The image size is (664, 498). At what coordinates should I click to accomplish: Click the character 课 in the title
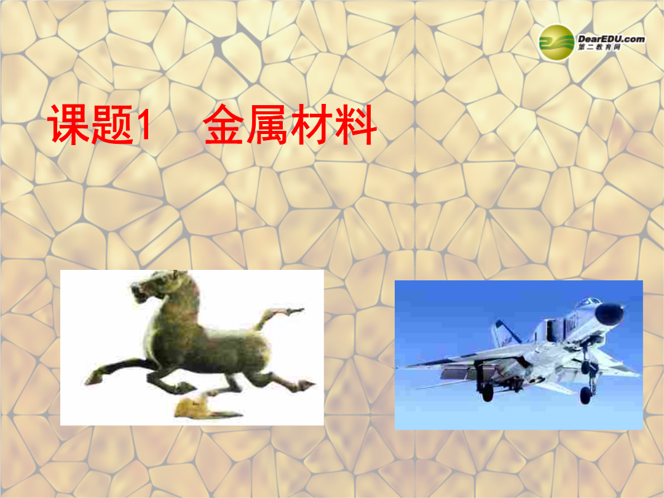click(x=69, y=124)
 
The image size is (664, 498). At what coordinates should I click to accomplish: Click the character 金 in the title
click(x=224, y=124)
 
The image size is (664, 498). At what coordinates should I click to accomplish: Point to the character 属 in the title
click(x=268, y=124)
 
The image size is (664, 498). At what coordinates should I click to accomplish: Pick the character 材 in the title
click(x=312, y=124)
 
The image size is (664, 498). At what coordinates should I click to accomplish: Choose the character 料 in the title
click(x=355, y=124)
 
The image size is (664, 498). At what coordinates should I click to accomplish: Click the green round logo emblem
click(x=556, y=42)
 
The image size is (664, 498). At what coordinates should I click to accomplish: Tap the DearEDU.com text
click(x=611, y=39)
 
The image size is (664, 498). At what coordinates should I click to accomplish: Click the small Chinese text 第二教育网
click(x=599, y=47)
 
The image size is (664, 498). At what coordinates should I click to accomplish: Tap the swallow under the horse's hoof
click(x=204, y=408)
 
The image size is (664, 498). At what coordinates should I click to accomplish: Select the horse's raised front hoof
click(x=93, y=378)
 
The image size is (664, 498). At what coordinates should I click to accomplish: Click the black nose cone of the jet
click(x=610, y=314)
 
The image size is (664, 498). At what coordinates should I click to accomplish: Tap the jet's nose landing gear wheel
click(x=586, y=397)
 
